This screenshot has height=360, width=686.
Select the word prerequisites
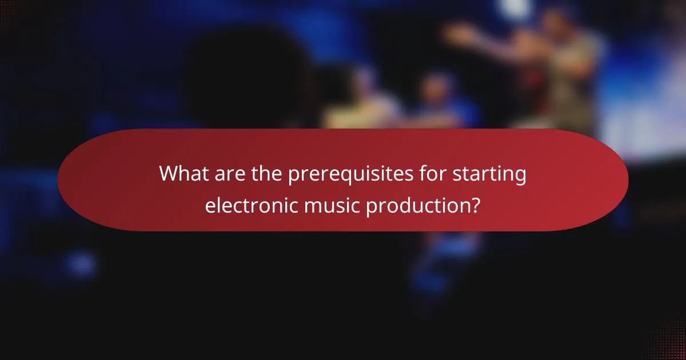click(354, 174)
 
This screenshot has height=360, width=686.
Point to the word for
click(435, 174)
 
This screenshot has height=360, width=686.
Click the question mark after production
click(474, 205)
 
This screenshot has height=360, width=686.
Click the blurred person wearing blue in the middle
click(440, 103)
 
